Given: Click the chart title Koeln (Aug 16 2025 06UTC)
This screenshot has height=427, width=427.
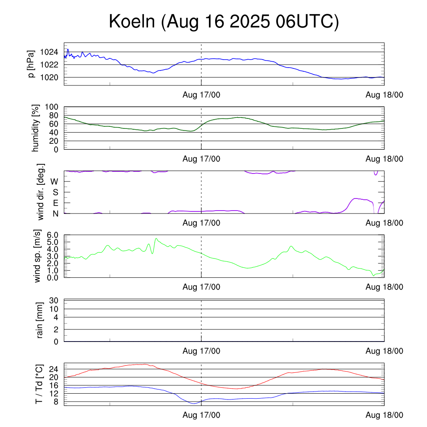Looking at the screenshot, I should (224, 22).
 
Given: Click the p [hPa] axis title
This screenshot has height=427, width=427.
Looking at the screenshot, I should (31, 64).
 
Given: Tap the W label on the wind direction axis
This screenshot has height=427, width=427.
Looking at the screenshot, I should (55, 182).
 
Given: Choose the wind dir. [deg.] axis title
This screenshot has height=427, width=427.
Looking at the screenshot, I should (40, 192).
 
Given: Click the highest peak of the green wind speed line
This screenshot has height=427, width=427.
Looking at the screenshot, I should (156, 239).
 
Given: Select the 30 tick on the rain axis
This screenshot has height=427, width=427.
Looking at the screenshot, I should (55, 301).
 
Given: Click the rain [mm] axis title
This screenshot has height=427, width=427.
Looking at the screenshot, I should (40, 320).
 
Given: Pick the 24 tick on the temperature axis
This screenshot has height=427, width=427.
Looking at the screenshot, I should (55, 369).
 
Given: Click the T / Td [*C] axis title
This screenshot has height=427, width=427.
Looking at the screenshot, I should (39, 384).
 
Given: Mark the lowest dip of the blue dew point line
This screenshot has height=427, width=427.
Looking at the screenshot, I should (193, 404).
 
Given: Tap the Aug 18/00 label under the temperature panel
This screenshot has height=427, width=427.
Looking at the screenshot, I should (384, 415).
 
